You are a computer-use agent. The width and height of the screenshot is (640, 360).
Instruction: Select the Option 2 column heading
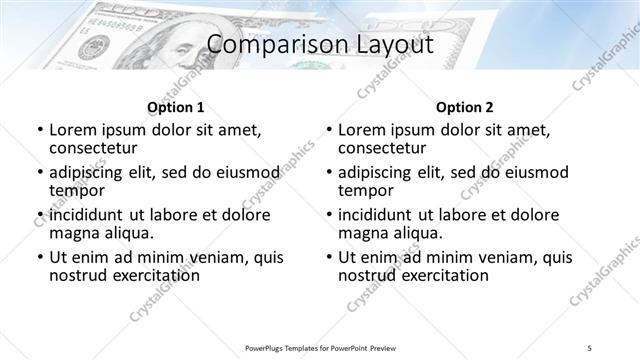465,106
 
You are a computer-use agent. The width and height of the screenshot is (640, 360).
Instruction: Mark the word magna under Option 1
73,233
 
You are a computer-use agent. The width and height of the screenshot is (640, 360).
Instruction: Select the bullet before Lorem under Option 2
328,131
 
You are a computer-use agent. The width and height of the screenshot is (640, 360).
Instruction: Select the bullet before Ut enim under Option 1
39,257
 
